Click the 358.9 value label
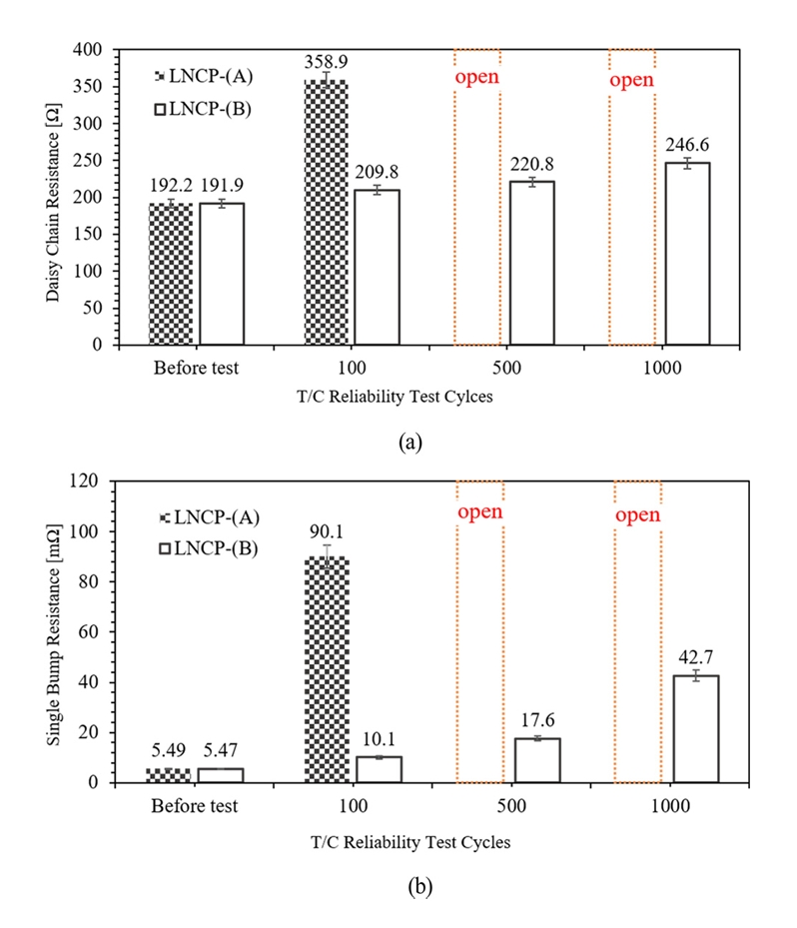(326, 62)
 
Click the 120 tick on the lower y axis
(91, 480)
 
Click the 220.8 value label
(531, 163)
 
